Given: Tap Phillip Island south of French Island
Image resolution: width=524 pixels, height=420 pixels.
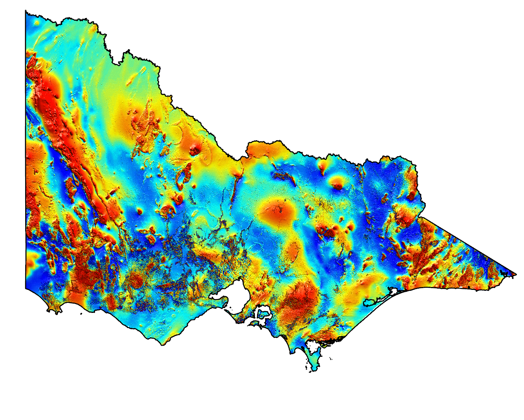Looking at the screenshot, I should pyautogui.click(x=255, y=324).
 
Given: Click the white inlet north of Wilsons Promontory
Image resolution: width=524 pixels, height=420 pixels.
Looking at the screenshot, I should pyautogui.click(x=315, y=352).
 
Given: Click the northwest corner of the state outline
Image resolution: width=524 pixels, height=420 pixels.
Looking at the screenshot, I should pyautogui.click(x=26, y=12).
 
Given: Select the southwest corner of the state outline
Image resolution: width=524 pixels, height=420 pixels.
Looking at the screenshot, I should pyautogui.click(x=26, y=288).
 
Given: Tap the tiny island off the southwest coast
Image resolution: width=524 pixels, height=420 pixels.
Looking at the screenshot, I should pyautogui.click(x=81, y=314).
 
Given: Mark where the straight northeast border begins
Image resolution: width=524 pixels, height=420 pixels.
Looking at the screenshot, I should pyautogui.click(x=419, y=217).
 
